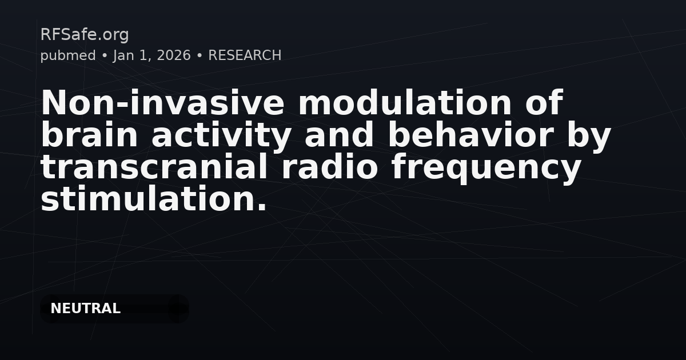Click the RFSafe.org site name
85,35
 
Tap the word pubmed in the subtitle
68,56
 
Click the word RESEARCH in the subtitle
245,55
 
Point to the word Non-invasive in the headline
162,102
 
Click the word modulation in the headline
405,102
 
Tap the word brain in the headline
89,135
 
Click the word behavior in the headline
470,135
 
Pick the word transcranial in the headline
154,167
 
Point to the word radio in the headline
329,167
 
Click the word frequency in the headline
486,169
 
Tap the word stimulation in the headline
147,199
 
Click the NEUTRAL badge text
85,308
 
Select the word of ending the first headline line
544,102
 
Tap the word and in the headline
340,135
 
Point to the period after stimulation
262,207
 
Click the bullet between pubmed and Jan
105,56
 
